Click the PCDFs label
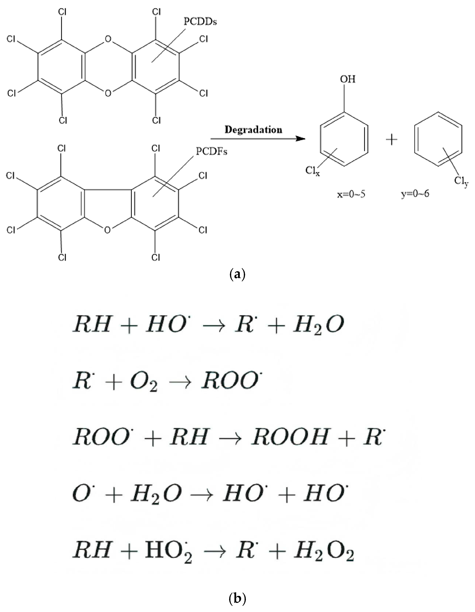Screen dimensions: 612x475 coord(211,152)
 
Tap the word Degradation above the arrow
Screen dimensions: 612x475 coord(253,130)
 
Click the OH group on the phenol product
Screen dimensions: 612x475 coord(348,79)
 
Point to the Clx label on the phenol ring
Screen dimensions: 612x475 coord(312,171)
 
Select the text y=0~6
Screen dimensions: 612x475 coord(415,193)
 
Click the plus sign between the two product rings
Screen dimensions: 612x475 coord(391,139)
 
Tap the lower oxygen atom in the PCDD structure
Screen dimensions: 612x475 coord(108,93)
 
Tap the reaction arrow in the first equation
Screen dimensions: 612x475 coord(214,325)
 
